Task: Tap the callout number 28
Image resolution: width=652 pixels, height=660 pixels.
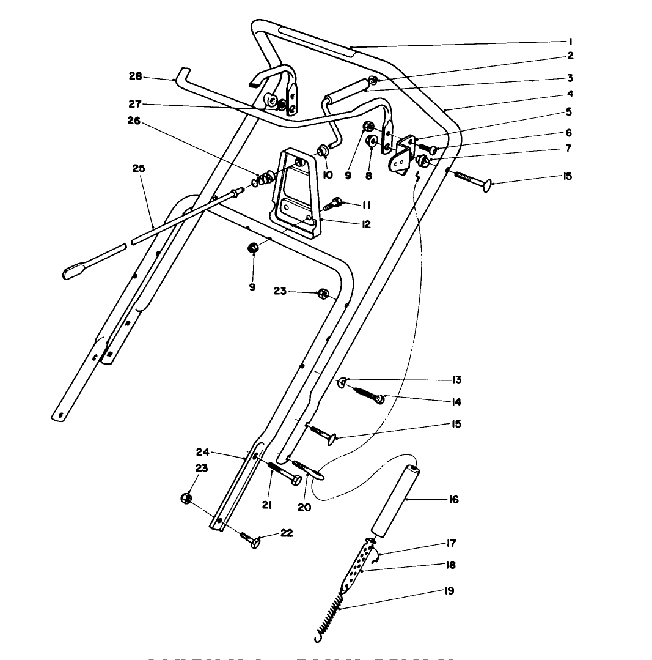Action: (135, 76)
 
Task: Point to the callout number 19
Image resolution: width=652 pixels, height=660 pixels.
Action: (449, 591)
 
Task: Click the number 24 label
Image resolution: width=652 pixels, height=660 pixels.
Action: (203, 453)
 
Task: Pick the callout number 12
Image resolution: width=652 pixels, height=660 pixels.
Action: (365, 224)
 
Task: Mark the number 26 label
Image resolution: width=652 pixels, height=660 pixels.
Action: (134, 121)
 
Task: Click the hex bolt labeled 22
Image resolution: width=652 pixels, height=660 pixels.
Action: (251, 539)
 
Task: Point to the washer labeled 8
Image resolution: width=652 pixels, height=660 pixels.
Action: (372, 141)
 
